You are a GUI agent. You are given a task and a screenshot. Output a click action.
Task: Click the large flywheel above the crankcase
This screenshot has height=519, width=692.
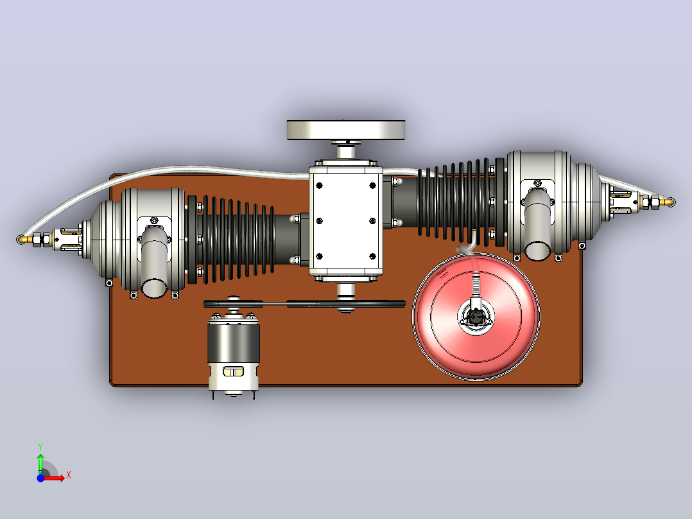click(346, 130)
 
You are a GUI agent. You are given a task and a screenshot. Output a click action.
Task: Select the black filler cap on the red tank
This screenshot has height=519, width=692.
click(475, 316)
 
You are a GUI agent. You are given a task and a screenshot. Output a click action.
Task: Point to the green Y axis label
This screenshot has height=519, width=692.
click(40, 446)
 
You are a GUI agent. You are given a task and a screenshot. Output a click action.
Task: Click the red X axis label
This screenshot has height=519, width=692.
click(69, 475)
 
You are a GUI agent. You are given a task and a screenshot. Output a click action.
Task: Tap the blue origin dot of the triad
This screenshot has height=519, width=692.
click(40, 478)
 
